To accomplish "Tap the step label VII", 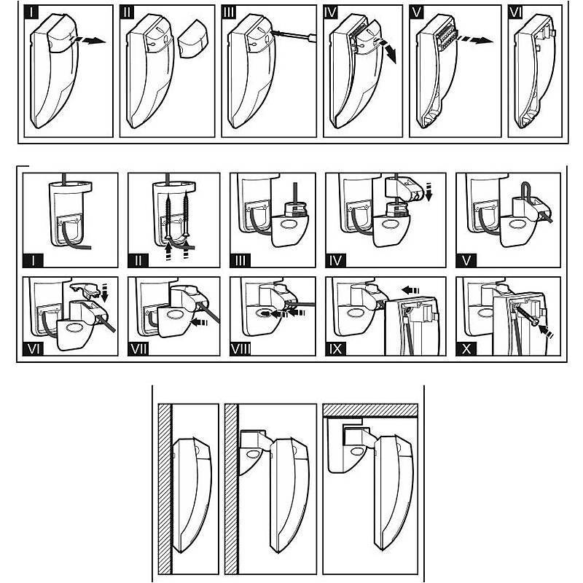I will pos(139,348).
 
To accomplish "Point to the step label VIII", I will pos(240,348).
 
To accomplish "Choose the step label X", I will pos(466,348).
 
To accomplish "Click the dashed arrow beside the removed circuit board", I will pos(479,41).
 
